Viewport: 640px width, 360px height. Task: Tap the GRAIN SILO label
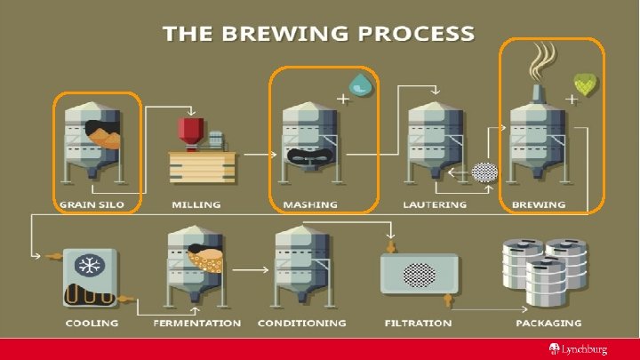(92, 205)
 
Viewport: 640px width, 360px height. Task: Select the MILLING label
(196, 205)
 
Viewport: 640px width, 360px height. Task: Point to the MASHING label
(310, 205)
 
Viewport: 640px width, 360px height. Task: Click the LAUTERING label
(435, 205)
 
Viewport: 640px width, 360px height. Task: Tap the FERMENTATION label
(196, 323)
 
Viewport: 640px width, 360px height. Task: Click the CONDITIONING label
(302, 323)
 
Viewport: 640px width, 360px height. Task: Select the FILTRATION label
(417, 323)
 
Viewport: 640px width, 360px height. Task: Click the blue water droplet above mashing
(361, 84)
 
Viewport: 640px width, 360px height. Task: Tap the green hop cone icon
(586, 84)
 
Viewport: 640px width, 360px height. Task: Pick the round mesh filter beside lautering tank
(484, 172)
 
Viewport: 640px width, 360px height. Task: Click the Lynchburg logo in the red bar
(583, 348)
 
